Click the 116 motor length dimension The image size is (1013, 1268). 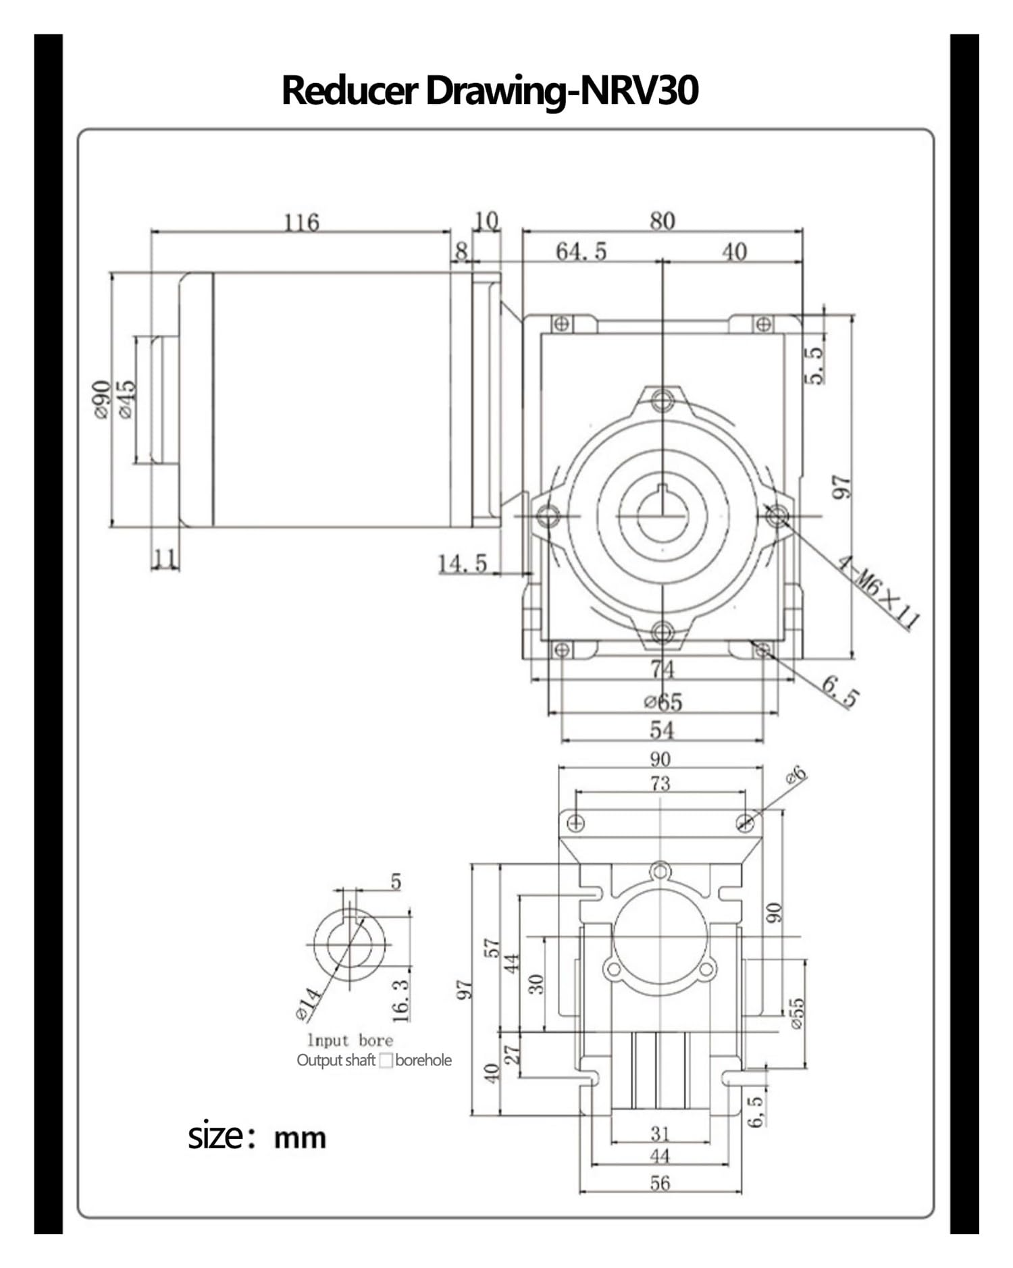[x=301, y=222]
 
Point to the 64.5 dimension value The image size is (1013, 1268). [x=581, y=252]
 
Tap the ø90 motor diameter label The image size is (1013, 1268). [x=101, y=399]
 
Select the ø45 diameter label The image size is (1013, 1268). [x=126, y=399]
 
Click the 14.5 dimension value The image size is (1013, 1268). [x=463, y=564]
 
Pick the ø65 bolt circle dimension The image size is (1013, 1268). [x=663, y=702]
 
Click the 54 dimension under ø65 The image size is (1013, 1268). [x=662, y=730]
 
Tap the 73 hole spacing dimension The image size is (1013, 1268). [x=660, y=783]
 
